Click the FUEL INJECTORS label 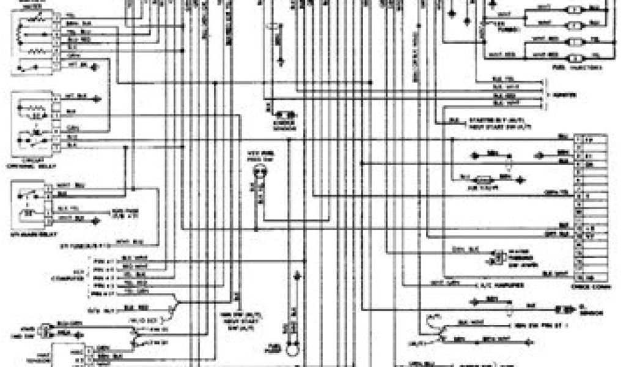pyautogui.click(x=581, y=67)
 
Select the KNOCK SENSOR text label pyautogui.click(x=285, y=124)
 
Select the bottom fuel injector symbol pyautogui.click(x=575, y=57)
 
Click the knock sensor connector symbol pyautogui.click(x=285, y=114)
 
